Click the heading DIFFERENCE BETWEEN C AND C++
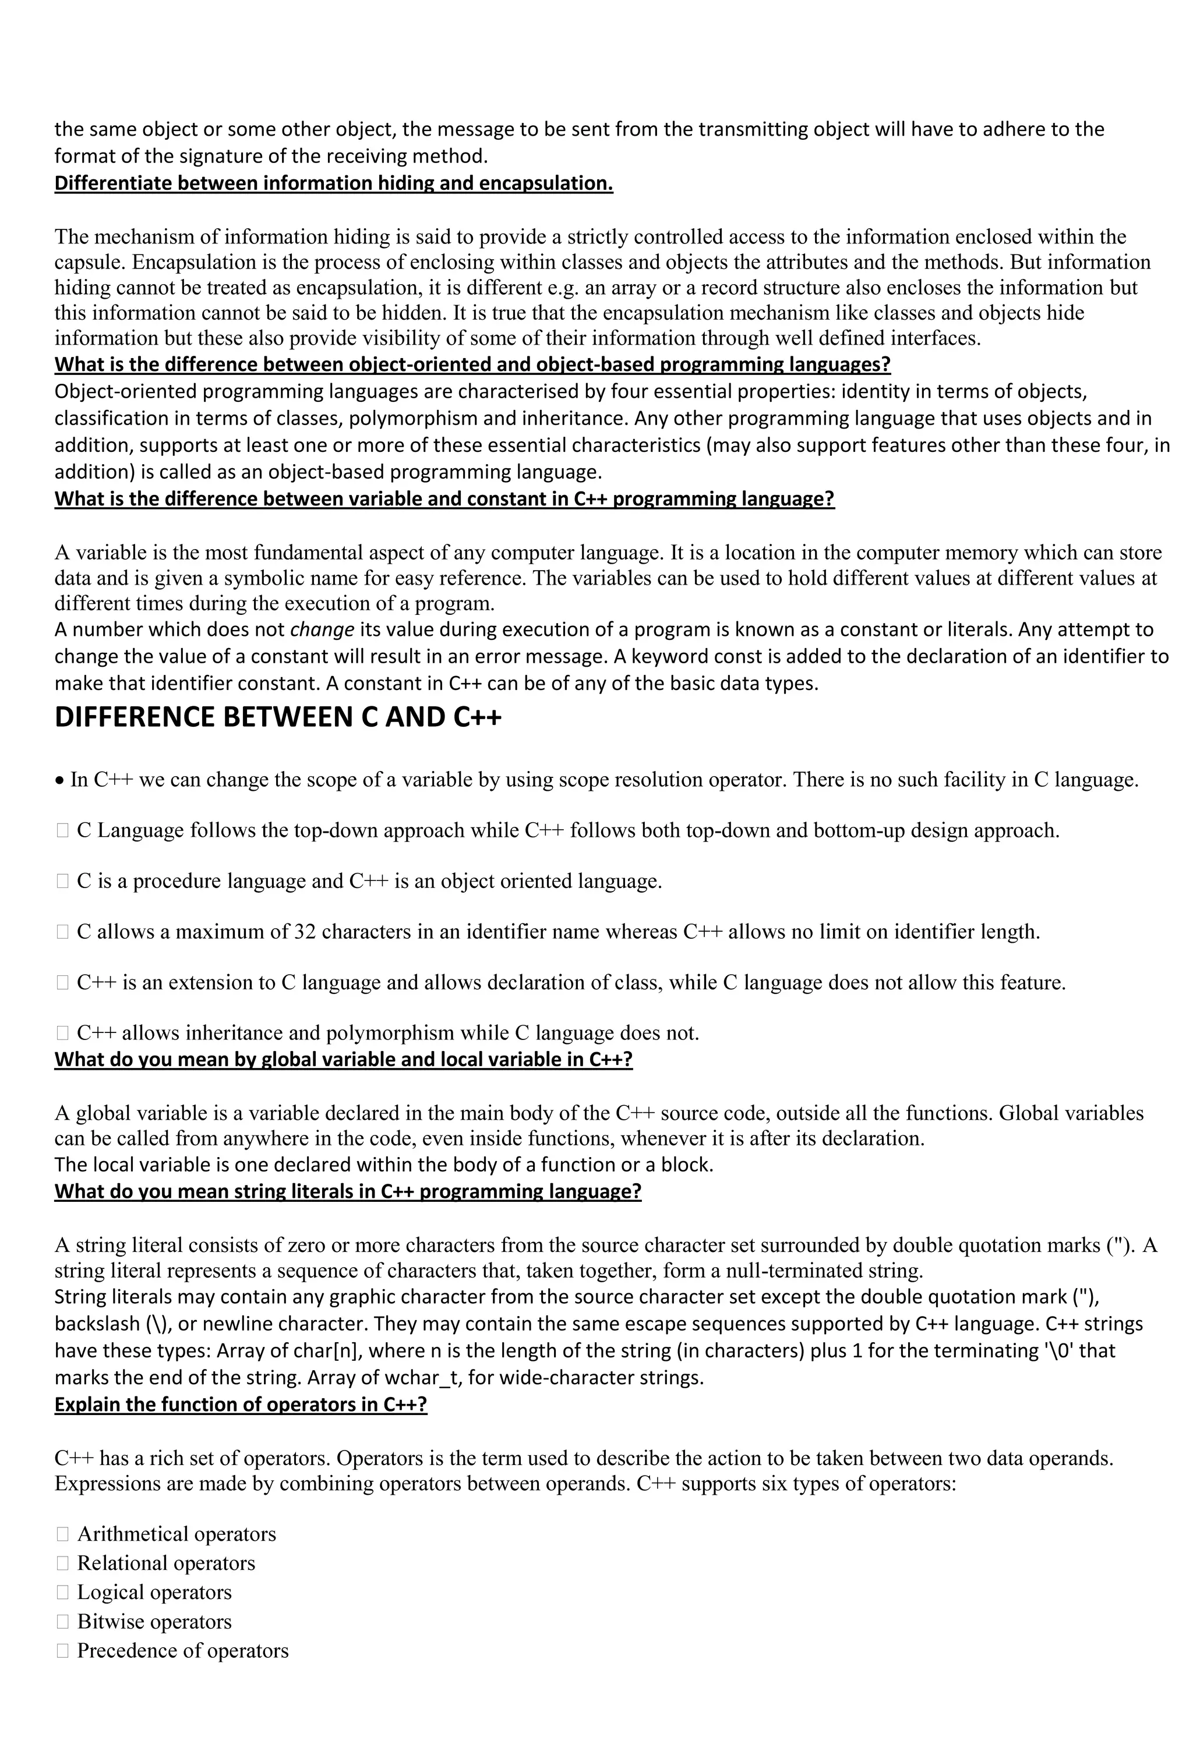click(278, 717)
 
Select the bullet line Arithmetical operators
click(177, 1534)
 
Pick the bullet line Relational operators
click(166, 1563)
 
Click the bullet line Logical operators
click(154, 1592)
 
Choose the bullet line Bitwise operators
click(154, 1621)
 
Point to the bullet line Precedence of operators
click(182, 1650)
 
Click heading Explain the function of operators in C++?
click(241, 1404)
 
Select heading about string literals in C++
click(348, 1191)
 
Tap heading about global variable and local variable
click(343, 1059)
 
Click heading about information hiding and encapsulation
click(333, 183)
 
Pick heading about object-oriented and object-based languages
click(472, 365)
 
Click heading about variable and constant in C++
click(444, 498)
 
